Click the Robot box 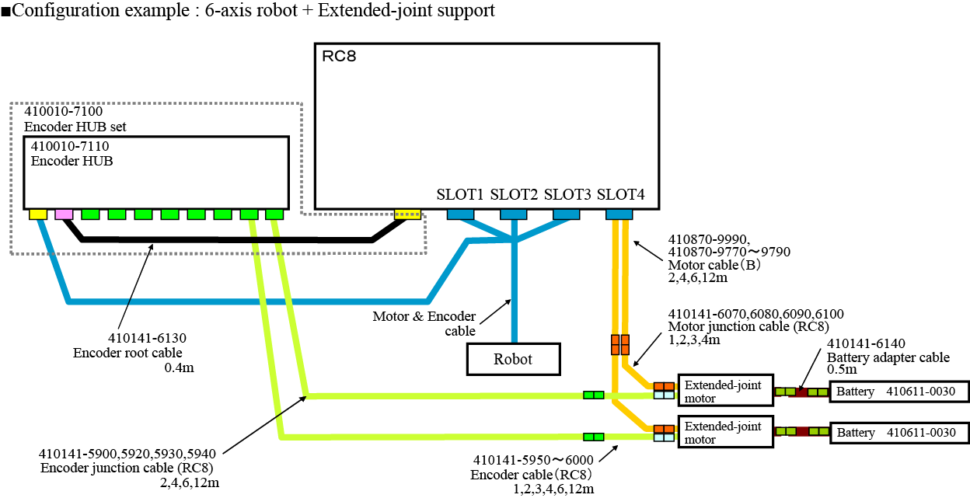(x=513, y=359)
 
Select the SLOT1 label (x=460, y=193)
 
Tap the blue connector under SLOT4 (x=619, y=214)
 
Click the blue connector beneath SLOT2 (x=513, y=214)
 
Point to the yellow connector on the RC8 (x=407, y=214)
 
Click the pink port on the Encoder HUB (x=64, y=214)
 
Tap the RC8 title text (x=339, y=56)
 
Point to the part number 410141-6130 (x=147, y=338)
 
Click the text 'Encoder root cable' (x=128, y=353)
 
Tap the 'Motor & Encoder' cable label (x=424, y=316)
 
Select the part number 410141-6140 (x=866, y=343)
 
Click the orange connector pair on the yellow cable (x=619, y=342)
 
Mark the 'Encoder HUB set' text (x=75, y=126)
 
